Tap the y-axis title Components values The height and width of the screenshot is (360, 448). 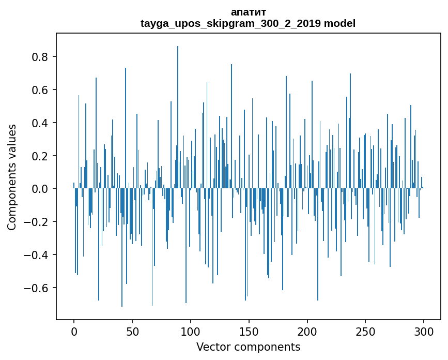[x=12, y=177]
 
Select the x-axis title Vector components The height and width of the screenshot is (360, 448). [x=248, y=347]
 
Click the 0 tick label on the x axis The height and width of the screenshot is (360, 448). [x=74, y=331]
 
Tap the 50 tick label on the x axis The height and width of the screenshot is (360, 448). [x=132, y=331]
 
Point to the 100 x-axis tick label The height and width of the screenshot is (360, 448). [x=191, y=331]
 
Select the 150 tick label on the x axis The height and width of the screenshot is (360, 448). [x=249, y=331]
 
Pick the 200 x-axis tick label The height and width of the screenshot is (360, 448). [x=307, y=331]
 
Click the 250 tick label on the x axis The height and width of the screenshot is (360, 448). [x=365, y=331]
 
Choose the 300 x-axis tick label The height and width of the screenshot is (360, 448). [x=424, y=331]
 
